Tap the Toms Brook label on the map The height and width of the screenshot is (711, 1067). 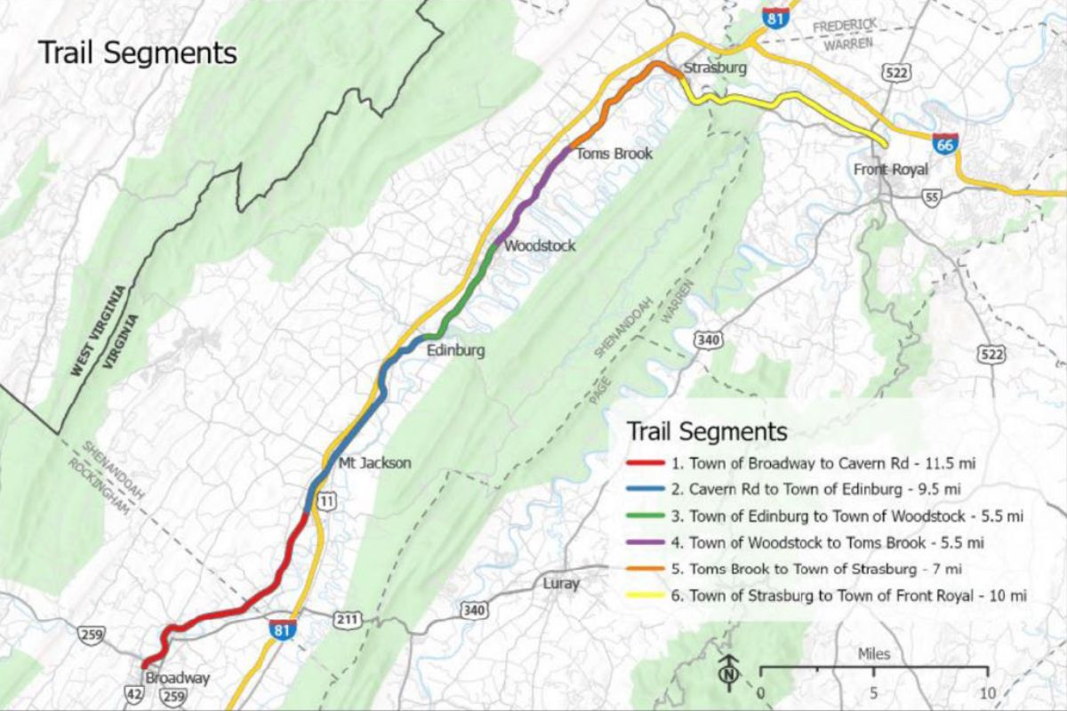tap(614, 154)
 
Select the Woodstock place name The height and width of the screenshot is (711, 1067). tap(540, 246)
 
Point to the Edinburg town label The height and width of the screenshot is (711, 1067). tap(456, 350)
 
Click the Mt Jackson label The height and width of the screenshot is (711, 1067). tap(375, 462)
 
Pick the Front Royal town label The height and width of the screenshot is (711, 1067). tap(891, 170)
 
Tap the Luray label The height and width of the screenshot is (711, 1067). tap(561, 584)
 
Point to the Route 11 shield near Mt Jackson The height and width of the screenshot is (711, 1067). tap(328, 502)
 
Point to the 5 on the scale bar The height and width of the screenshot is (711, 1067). tap(873, 692)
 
